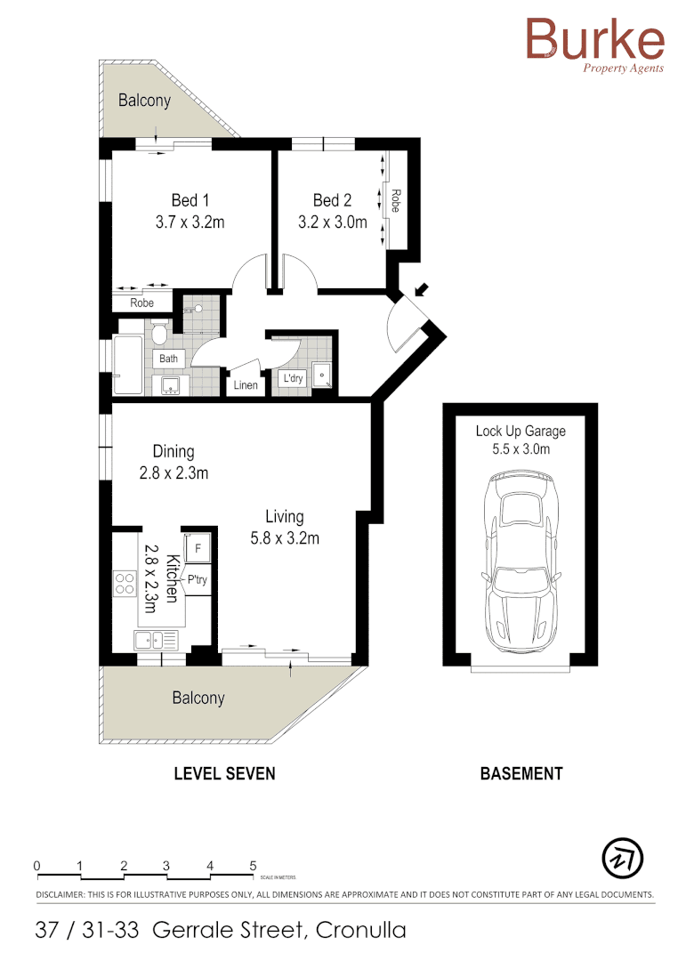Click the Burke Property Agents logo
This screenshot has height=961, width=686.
coord(593,45)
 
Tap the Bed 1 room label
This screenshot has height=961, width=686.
coord(190,200)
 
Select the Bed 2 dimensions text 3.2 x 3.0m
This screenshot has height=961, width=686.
coord(333,222)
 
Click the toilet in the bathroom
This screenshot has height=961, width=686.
coord(160,334)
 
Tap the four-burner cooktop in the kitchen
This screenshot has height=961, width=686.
coord(125,584)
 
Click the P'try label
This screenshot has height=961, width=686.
coord(197,580)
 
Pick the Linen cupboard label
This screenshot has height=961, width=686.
coord(245,385)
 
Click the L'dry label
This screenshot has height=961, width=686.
coord(292,379)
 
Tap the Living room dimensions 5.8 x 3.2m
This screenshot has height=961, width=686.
coord(285,537)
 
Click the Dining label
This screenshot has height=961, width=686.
coord(173,451)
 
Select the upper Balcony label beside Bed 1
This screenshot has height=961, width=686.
coord(144,101)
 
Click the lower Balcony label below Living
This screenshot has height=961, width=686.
coord(198,699)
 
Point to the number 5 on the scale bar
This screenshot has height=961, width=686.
coord(254,865)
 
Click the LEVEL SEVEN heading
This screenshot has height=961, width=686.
coord(224,773)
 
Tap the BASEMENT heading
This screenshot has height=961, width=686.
coord(521,773)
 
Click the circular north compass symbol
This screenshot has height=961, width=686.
coord(623,858)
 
